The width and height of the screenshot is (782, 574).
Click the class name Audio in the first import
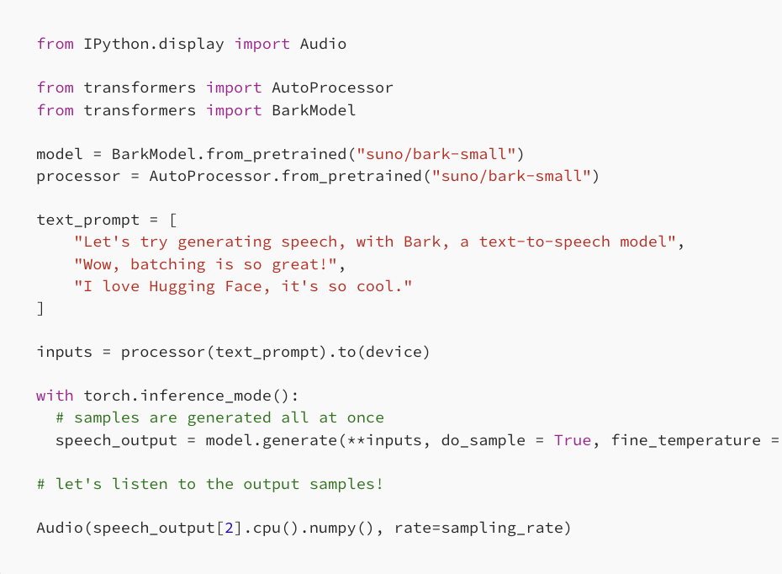[x=323, y=44]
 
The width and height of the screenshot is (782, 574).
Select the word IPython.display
[x=154, y=44]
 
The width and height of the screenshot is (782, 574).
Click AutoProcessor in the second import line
[x=332, y=88]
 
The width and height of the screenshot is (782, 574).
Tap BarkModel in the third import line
[x=314, y=110]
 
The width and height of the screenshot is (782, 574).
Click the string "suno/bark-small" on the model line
[x=436, y=154]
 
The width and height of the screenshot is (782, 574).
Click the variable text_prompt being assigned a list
[x=88, y=220]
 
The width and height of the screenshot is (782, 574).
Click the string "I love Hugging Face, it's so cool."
[x=243, y=286]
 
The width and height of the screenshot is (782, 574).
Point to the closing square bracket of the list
[x=40, y=308]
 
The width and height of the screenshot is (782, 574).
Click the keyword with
[x=55, y=396]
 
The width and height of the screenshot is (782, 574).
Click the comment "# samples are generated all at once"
[x=219, y=417]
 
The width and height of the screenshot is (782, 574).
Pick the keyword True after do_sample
[x=572, y=440]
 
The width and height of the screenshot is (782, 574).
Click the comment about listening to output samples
[x=210, y=484]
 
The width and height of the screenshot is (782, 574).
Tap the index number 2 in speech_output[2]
[x=229, y=529]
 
